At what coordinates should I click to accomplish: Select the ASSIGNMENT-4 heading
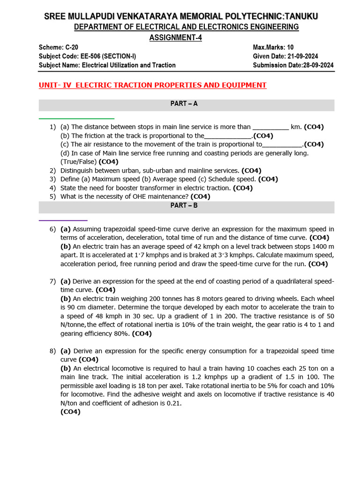[175, 38]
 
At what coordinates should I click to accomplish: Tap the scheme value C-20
[70, 48]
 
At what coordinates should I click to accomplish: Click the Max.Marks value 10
[291, 48]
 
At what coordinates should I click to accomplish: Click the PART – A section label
[184, 104]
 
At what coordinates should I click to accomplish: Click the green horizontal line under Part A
[76, 119]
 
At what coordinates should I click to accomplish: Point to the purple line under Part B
[63, 220]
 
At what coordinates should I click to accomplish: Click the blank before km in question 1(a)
[270, 127]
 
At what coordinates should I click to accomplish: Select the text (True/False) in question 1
[78, 162]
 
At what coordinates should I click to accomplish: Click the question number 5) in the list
[52, 196]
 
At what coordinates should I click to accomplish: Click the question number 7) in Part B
[52, 281]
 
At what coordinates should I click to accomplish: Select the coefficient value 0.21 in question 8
[173, 403]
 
